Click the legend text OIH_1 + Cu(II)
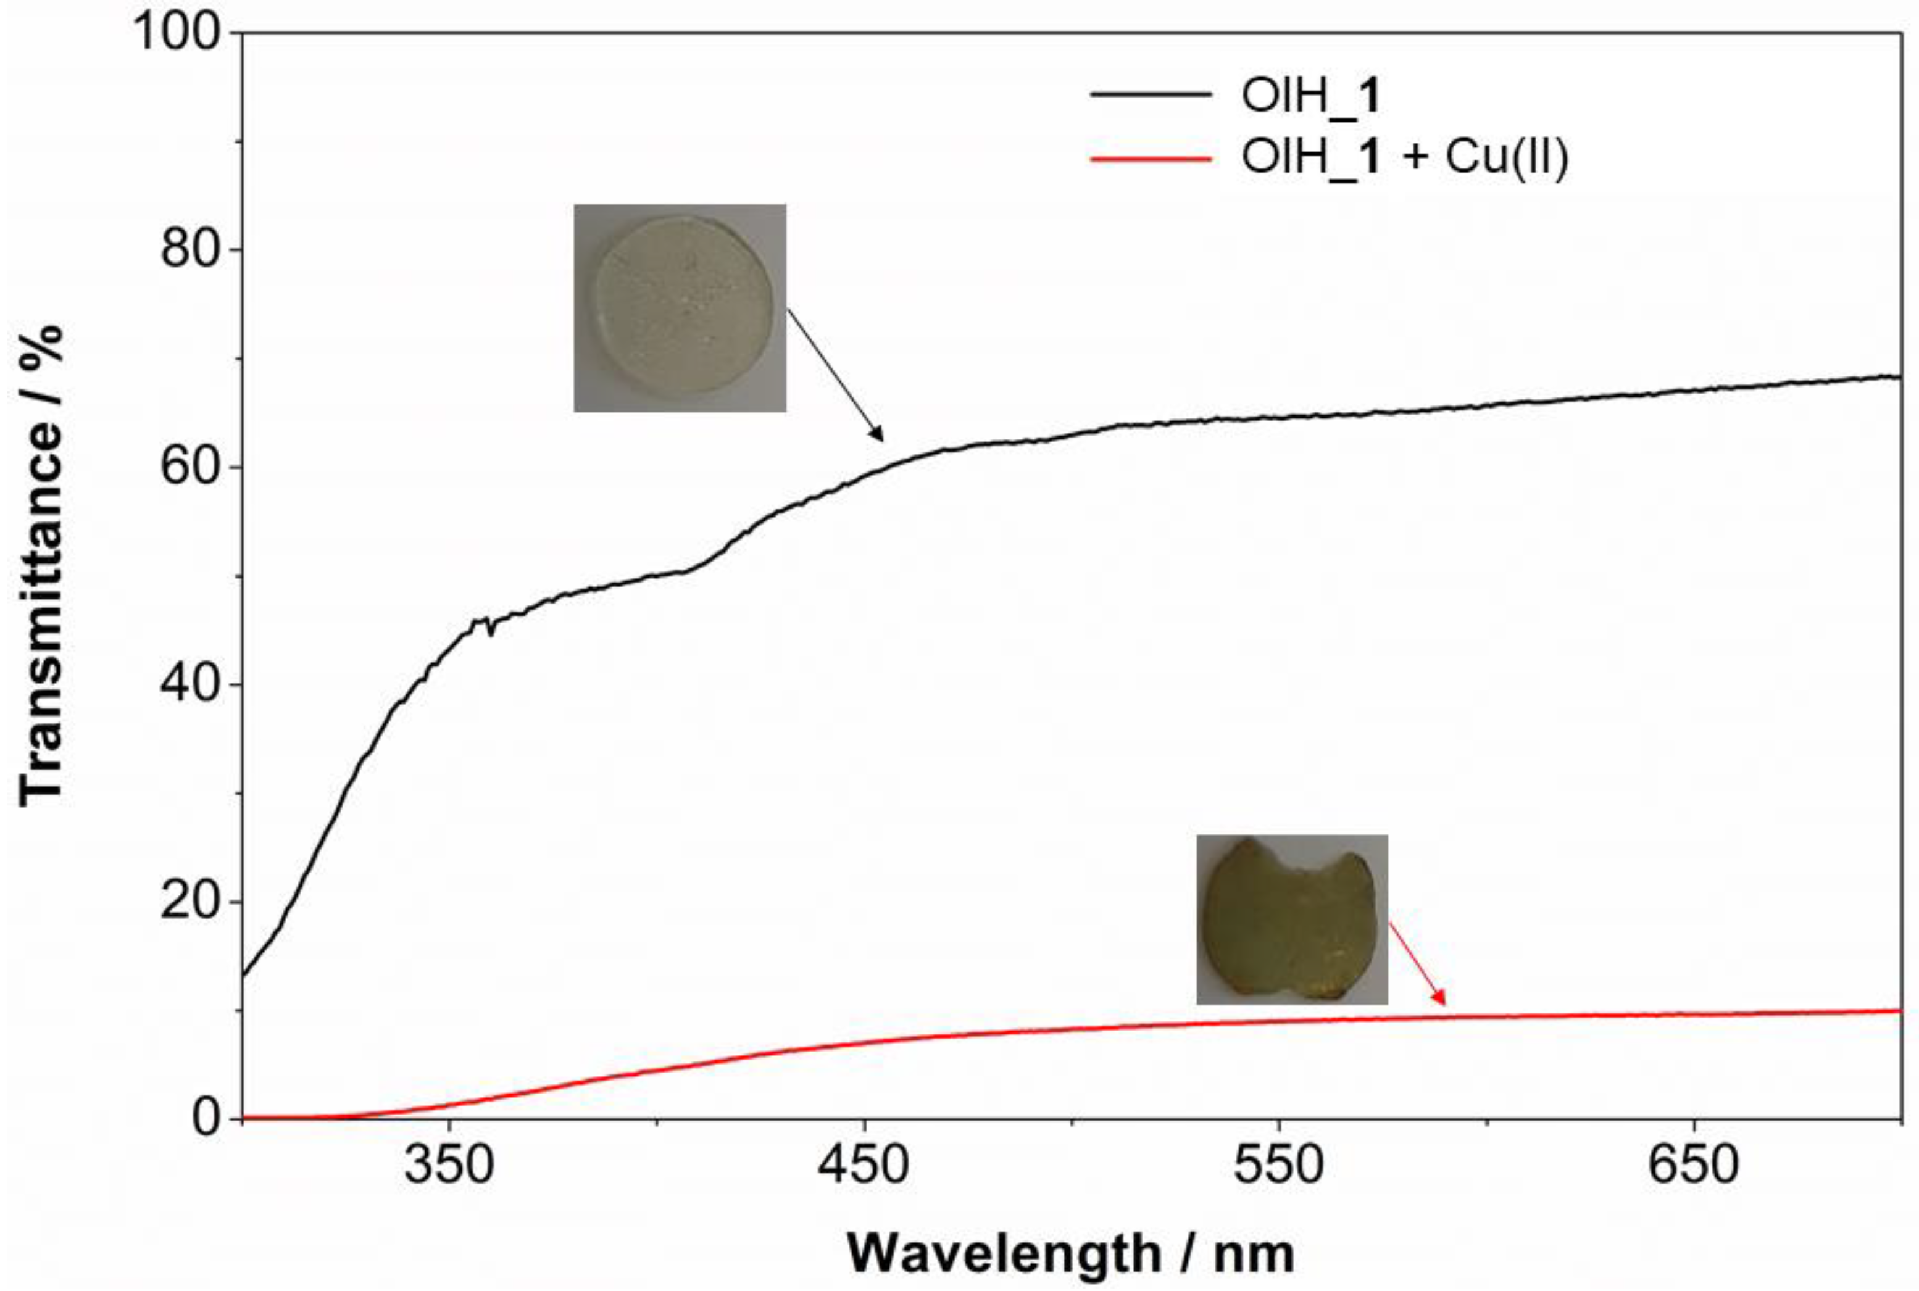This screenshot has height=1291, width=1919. tap(1404, 156)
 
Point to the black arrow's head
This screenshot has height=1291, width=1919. tap(880, 438)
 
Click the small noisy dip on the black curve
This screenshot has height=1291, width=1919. tap(490, 631)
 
